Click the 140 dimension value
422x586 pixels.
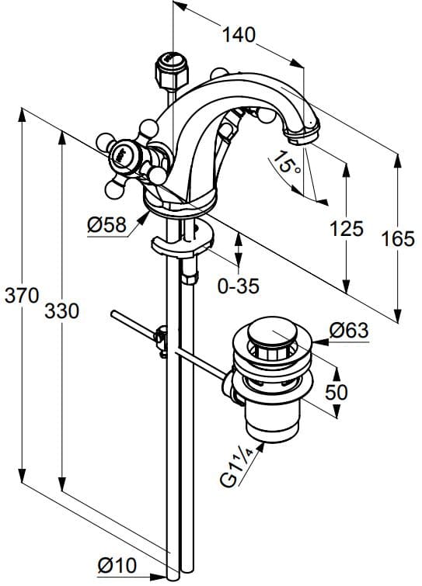239,34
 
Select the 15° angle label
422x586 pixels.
285,164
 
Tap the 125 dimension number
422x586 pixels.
347,228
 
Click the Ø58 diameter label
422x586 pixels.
107,225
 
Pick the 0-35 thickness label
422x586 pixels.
238,286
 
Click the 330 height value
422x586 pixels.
61,311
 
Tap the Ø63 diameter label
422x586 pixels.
348,330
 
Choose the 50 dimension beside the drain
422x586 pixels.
336,392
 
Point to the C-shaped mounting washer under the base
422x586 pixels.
182,247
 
